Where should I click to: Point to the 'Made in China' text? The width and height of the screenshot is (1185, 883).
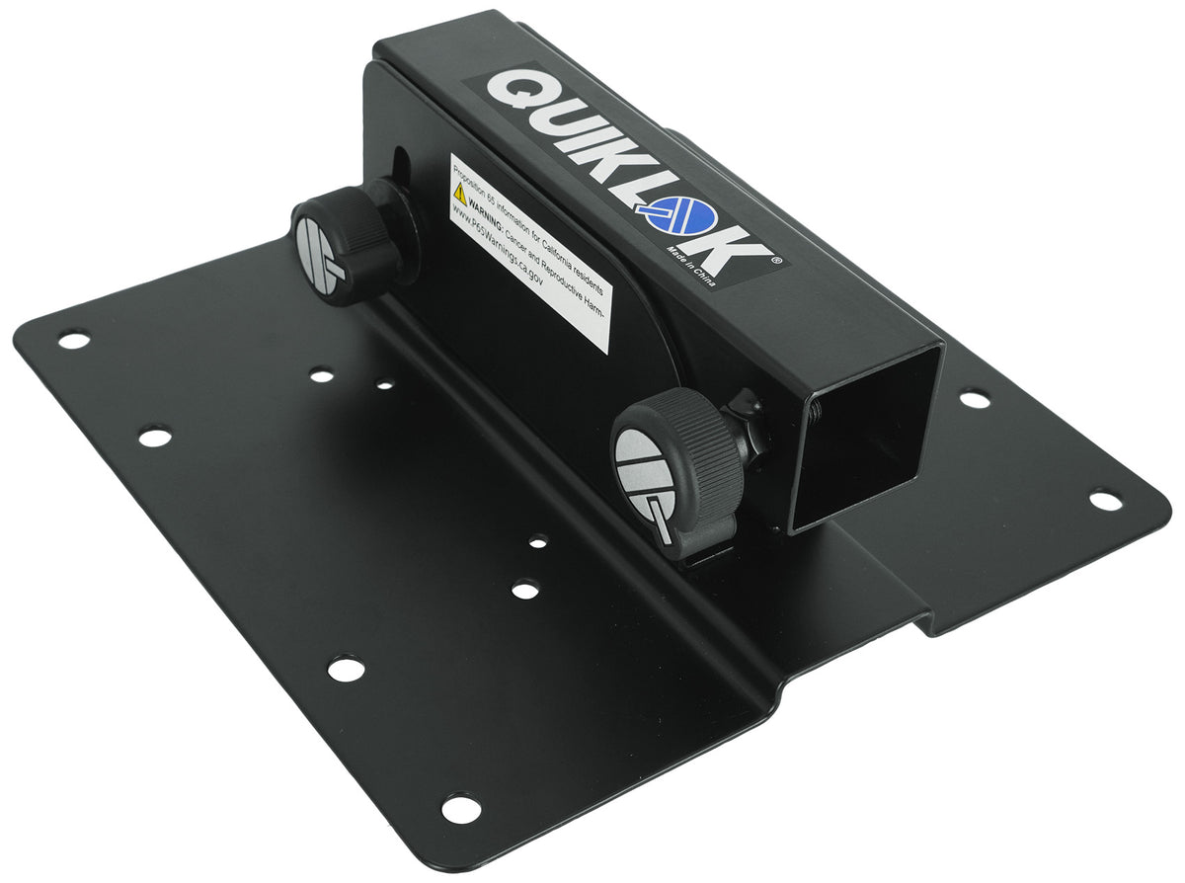[689, 266]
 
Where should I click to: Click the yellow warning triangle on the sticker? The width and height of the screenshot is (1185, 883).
[459, 194]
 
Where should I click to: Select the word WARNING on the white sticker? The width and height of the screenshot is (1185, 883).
[485, 213]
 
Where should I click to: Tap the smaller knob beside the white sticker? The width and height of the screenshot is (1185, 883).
[347, 245]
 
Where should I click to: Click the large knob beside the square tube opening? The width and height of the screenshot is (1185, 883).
[678, 470]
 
